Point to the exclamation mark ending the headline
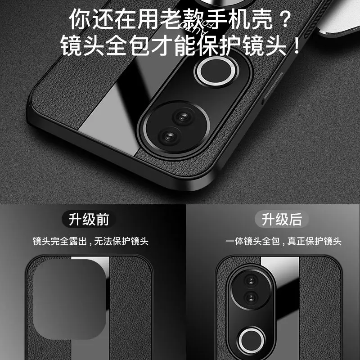pyautogui.click(x=296, y=46)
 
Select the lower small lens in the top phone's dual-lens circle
pyautogui.click(x=170, y=135)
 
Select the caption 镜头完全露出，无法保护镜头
pyautogui.click(x=90, y=241)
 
